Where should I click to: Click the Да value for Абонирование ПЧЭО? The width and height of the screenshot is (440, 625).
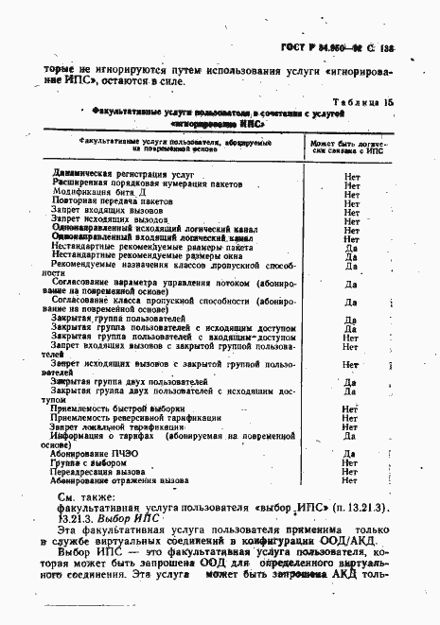tap(350, 454)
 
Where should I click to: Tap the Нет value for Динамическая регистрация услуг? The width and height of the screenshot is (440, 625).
tap(351, 175)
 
